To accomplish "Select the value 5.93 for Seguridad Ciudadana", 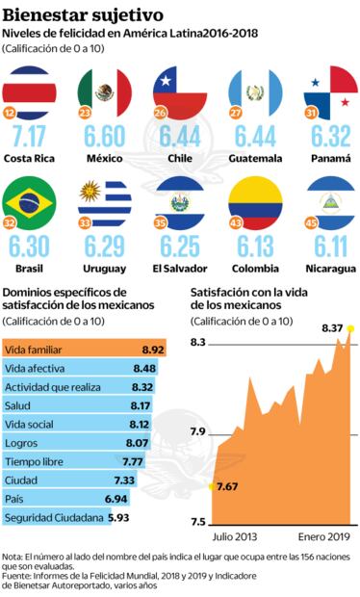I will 118,517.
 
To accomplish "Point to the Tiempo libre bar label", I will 36,461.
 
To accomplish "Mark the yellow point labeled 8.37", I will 349,329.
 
